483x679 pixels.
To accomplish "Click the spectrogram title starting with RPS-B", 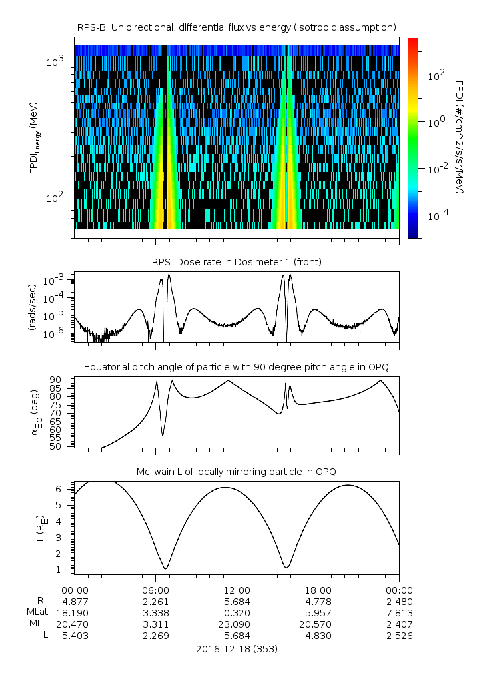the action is click(x=237, y=28).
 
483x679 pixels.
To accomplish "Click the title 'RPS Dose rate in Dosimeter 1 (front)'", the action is click(x=237, y=262).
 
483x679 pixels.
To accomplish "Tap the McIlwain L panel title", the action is click(x=237, y=472).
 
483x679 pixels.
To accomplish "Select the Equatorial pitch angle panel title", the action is click(x=237, y=367).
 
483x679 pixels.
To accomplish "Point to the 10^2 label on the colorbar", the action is click(x=436, y=76).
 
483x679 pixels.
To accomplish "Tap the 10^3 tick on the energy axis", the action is click(x=55, y=61).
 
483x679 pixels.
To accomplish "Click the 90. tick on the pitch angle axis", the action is click(x=56, y=380).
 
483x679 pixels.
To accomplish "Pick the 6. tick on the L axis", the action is click(x=60, y=489).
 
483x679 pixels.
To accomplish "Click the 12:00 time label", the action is click(x=237, y=590).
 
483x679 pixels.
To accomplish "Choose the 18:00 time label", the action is click(x=318, y=590).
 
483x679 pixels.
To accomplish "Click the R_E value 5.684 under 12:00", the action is click(x=237, y=602).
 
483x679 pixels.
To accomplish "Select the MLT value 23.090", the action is click(x=237, y=624).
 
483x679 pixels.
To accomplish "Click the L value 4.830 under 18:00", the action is click(x=318, y=636).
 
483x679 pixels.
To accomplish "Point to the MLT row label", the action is click(x=39, y=624).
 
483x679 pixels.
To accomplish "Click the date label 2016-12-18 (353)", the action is click(x=237, y=649).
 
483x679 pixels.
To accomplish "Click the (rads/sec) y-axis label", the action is click(x=32, y=307).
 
